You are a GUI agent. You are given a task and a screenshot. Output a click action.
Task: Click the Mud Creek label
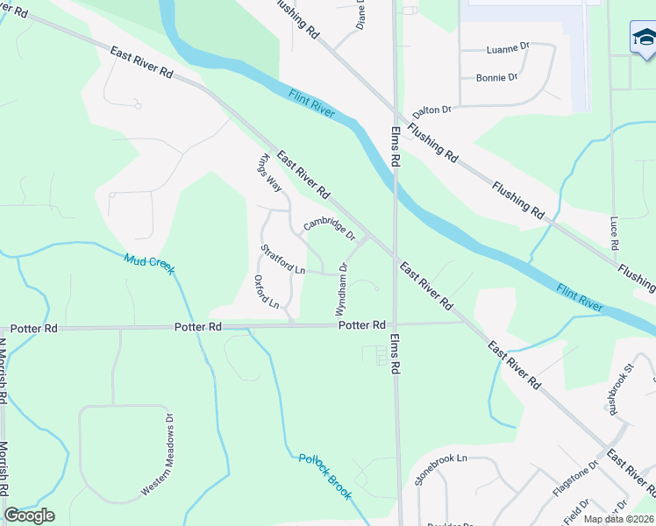point(149,262)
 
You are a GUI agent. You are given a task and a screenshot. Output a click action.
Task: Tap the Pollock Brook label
point(324,477)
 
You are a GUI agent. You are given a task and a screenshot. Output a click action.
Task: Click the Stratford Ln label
point(282,259)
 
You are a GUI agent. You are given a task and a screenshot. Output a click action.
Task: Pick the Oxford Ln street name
point(266,292)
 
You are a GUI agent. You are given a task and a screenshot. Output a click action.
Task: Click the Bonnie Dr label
point(496,77)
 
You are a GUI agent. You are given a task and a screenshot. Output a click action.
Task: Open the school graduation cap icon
point(645,38)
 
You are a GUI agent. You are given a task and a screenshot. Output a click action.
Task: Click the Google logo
point(29,515)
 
